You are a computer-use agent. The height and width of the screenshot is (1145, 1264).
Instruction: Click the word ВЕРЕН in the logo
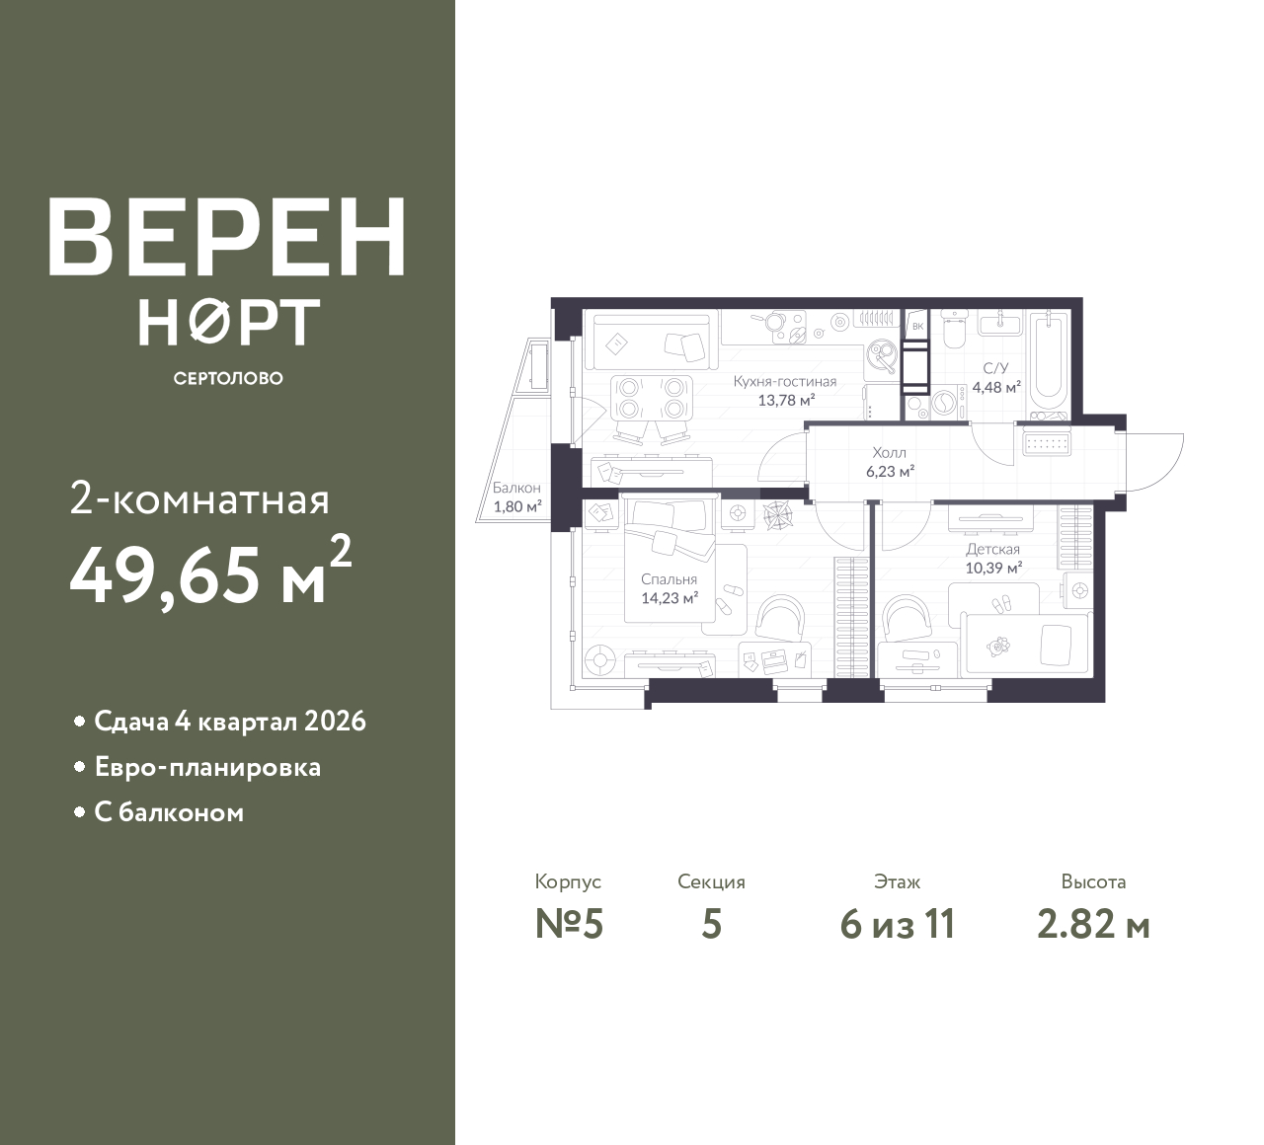tap(227, 236)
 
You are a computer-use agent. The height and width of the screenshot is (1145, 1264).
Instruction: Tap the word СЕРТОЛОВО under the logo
tap(228, 378)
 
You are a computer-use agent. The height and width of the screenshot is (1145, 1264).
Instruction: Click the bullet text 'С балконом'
tap(169, 812)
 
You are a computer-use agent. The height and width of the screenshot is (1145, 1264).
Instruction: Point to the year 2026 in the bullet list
tap(335, 722)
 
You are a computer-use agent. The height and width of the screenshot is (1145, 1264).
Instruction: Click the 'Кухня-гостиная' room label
tap(785, 382)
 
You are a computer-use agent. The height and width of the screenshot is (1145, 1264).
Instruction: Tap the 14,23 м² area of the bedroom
tap(670, 598)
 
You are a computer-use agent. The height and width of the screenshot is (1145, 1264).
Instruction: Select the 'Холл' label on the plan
tap(890, 453)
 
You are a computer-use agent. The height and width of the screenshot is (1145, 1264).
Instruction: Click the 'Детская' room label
tap(993, 549)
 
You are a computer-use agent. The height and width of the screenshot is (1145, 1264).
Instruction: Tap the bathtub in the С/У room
tap(1049, 361)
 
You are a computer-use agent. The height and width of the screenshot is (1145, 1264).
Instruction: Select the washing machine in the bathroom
tap(944, 403)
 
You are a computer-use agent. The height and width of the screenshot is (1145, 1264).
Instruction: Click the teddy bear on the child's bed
tap(999, 646)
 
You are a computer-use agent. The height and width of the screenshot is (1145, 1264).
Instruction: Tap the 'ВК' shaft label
tap(917, 327)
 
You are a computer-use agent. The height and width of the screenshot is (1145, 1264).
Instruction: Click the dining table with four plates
tap(652, 398)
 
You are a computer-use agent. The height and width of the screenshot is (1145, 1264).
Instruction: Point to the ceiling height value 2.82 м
tap(1093, 925)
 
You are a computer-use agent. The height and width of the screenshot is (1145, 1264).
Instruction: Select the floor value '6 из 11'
tap(898, 925)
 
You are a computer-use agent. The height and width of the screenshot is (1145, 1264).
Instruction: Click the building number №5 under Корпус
tap(569, 925)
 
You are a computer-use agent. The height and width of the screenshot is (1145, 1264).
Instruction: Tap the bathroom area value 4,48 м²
tap(996, 387)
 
